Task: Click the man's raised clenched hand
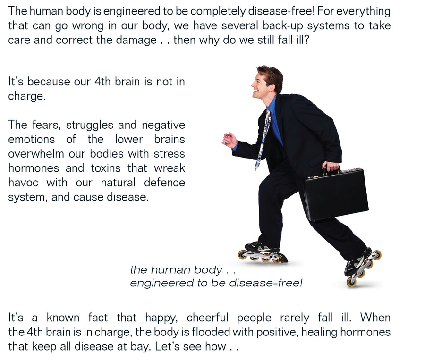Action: [229, 140]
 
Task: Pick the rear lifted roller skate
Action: [362, 267]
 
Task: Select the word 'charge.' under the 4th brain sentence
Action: [27, 96]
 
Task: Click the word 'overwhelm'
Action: [36, 154]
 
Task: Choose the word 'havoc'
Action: [23, 183]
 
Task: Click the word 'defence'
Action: [164, 183]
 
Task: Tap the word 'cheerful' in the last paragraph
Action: [207, 318]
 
